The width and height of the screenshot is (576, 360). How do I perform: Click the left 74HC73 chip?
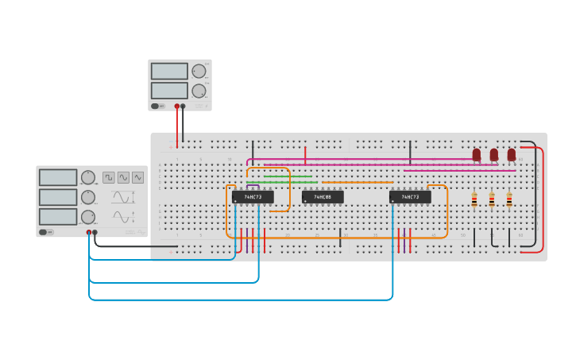tap(253, 197)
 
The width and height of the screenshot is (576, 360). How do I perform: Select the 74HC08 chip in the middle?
tap(323, 197)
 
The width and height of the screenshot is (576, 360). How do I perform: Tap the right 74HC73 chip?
tap(410, 197)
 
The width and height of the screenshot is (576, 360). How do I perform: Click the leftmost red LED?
tap(477, 154)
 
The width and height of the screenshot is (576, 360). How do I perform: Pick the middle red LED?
tap(494, 154)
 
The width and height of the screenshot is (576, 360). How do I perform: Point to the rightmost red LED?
tap(512, 154)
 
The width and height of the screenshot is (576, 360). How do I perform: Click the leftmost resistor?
tap(474, 200)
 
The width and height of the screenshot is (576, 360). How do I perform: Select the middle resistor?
tap(492, 200)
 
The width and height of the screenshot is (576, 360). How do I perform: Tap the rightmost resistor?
tap(509, 200)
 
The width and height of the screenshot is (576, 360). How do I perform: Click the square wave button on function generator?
tap(109, 177)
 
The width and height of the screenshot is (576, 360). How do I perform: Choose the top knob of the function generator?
tap(88, 177)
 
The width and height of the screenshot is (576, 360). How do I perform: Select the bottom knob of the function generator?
tap(88, 217)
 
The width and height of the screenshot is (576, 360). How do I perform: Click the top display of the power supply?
tap(169, 71)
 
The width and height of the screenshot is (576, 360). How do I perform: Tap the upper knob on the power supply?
tap(199, 71)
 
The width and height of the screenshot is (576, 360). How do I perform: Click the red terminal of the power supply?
tap(177, 106)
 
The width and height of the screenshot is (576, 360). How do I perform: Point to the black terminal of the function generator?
tap(95, 233)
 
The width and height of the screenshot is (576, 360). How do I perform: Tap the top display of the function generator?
tap(58, 177)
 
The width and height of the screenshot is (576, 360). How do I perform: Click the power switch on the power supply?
tap(158, 106)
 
